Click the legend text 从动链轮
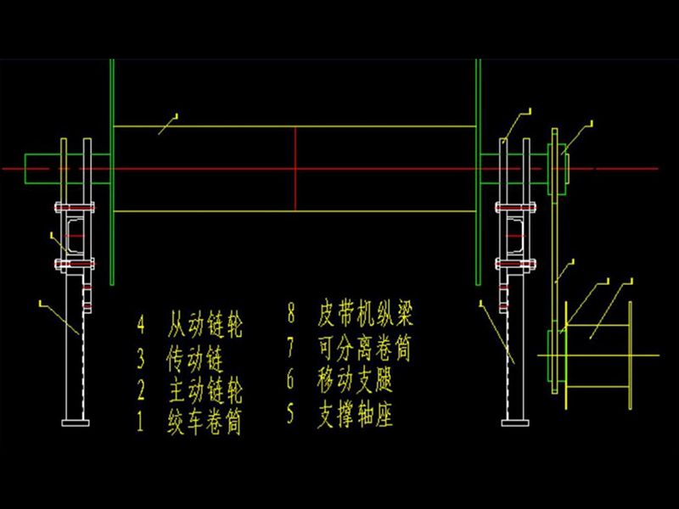click(x=205, y=324)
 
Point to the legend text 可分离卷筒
click(x=366, y=346)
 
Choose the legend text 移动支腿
click(x=355, y=378)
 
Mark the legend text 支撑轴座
click(x=355, y=415)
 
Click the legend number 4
click(x=141, y=324)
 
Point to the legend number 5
click(x=291, y=415)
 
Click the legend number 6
click(x=291, y=378)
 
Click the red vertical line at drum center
click(x=295, y=170)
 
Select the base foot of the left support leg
click(x=75, y=422)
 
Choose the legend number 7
click(x=291, y=346)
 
